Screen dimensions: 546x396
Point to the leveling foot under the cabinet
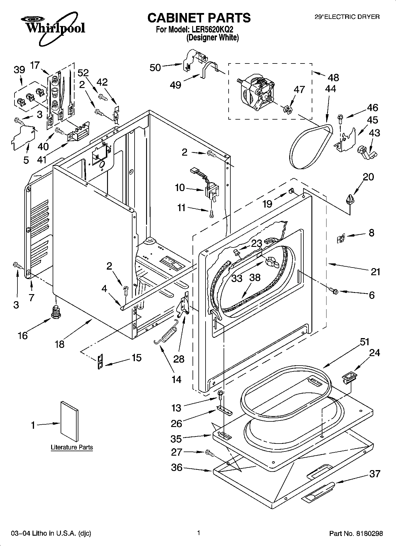coord(55,312)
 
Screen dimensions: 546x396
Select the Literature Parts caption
coord(72,447)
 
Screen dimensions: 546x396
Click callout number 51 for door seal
coord(364,342)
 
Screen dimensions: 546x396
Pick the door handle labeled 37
coord(318,491)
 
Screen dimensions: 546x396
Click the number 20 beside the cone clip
coord(368,177)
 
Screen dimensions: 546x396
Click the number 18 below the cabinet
coord(59,344)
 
